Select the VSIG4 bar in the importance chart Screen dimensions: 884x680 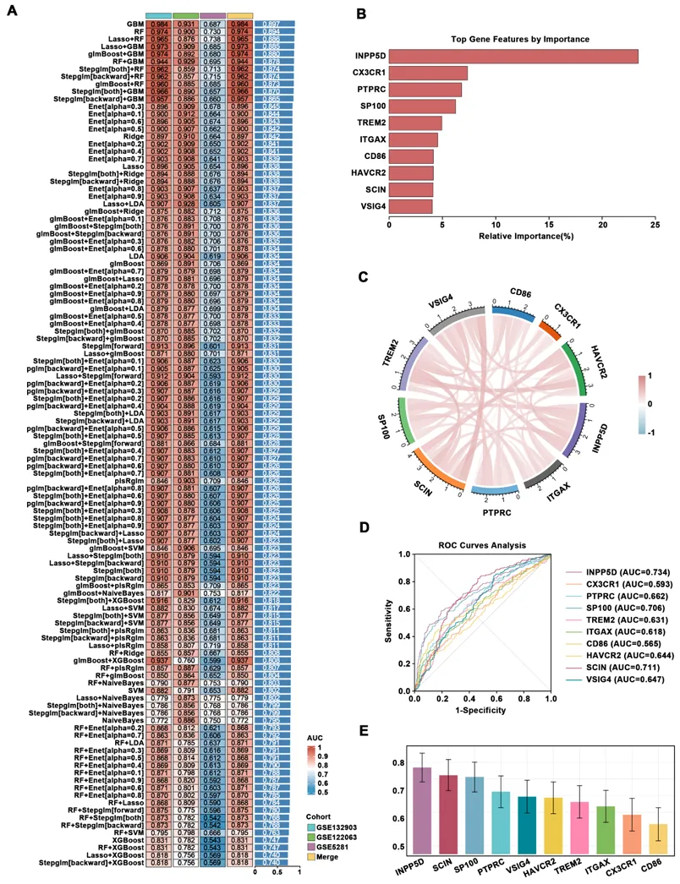click(x=410, y=205)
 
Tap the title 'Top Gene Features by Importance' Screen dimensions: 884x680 click(x=519, y=39)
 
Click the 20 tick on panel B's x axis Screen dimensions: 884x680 click(x=602, y=226)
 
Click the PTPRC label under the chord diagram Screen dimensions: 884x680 click(x=497, y=513)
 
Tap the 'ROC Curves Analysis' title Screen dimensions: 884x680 click(x=482, y=544)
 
